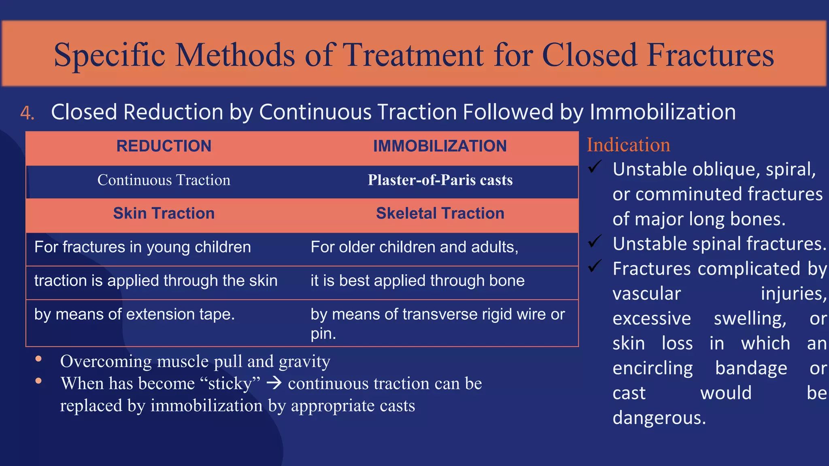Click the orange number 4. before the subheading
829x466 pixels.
27,113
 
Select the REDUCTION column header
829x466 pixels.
164,146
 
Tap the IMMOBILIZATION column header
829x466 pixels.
440,146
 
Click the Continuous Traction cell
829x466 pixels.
164,180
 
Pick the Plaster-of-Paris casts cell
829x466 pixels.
440,180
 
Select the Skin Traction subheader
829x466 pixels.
164,213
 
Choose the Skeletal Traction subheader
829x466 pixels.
440,213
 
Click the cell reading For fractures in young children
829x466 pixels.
142,247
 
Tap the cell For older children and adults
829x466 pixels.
414,247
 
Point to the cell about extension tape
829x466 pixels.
134,314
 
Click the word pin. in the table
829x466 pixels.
323,334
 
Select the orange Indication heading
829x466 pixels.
628,145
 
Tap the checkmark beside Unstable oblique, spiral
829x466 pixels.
595,167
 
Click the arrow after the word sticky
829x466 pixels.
274,383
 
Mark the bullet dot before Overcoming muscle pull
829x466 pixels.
38,358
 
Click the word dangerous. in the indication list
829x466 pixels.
659,418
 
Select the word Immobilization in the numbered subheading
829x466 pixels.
663,112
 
